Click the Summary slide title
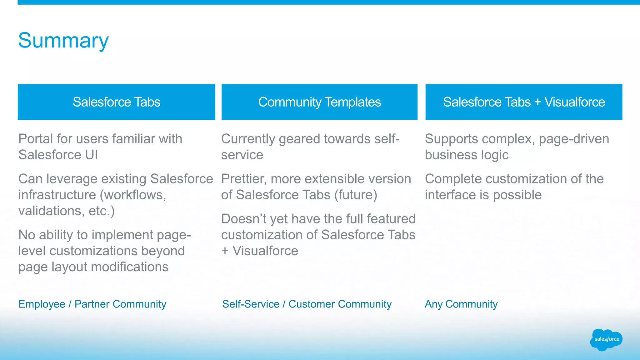tap(63, 41)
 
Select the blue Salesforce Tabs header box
tap(116, 102)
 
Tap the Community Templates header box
tap(319, 102)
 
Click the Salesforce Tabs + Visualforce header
tap(524, 102)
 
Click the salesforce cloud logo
tap(606, 339)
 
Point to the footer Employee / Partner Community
tap(92, 304)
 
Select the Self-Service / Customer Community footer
tap(307, 304)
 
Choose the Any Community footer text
tap(461, 304)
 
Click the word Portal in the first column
tap(35, 139)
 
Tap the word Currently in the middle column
tap(248, 139)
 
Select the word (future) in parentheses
tap(356, 195)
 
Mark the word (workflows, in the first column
tap(133, 195)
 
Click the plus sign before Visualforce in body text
tap(225, 251)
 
